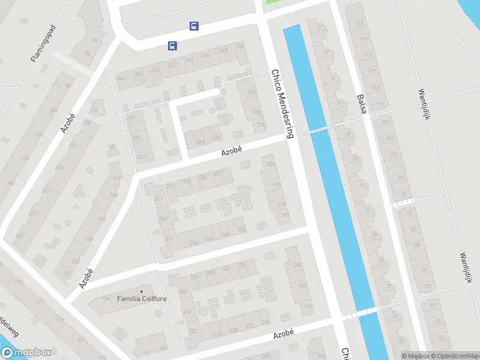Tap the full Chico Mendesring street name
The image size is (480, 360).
tap(282, 104)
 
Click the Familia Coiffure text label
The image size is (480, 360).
tap(142, 298)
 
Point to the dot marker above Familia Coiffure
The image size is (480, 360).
tap(142, 291)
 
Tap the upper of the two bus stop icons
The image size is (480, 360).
tap(194, 26)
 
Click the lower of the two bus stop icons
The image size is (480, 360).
tap(172, 46)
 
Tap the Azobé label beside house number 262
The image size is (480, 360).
tap(231, 152)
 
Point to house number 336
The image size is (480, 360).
tap(240, 46)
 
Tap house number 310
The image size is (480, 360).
tap(284, 215)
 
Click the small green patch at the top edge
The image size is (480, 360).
tap(273, 2)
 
